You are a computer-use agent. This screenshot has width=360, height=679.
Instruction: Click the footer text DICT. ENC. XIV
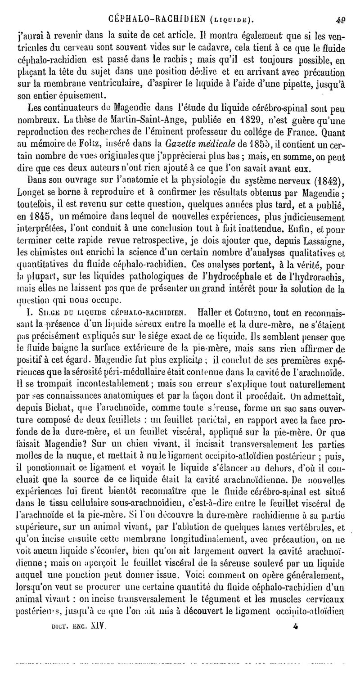coord(78,625)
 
